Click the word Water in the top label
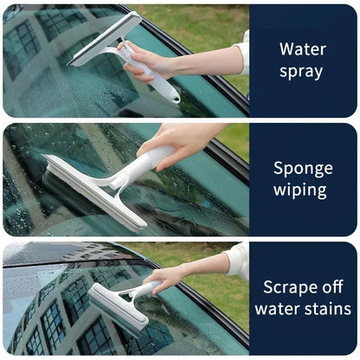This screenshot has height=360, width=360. click(x=303, y=48)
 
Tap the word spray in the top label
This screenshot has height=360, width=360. click(x=303, y=71)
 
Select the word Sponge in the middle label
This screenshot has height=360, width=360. click(x=303, y=168)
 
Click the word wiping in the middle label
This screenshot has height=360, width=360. click(x=303, y=190)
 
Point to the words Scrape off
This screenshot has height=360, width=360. click(x=303, y=286)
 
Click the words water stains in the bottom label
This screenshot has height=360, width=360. click(x=303, y=309)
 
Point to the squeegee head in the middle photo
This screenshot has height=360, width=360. click(x=91, y=190)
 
